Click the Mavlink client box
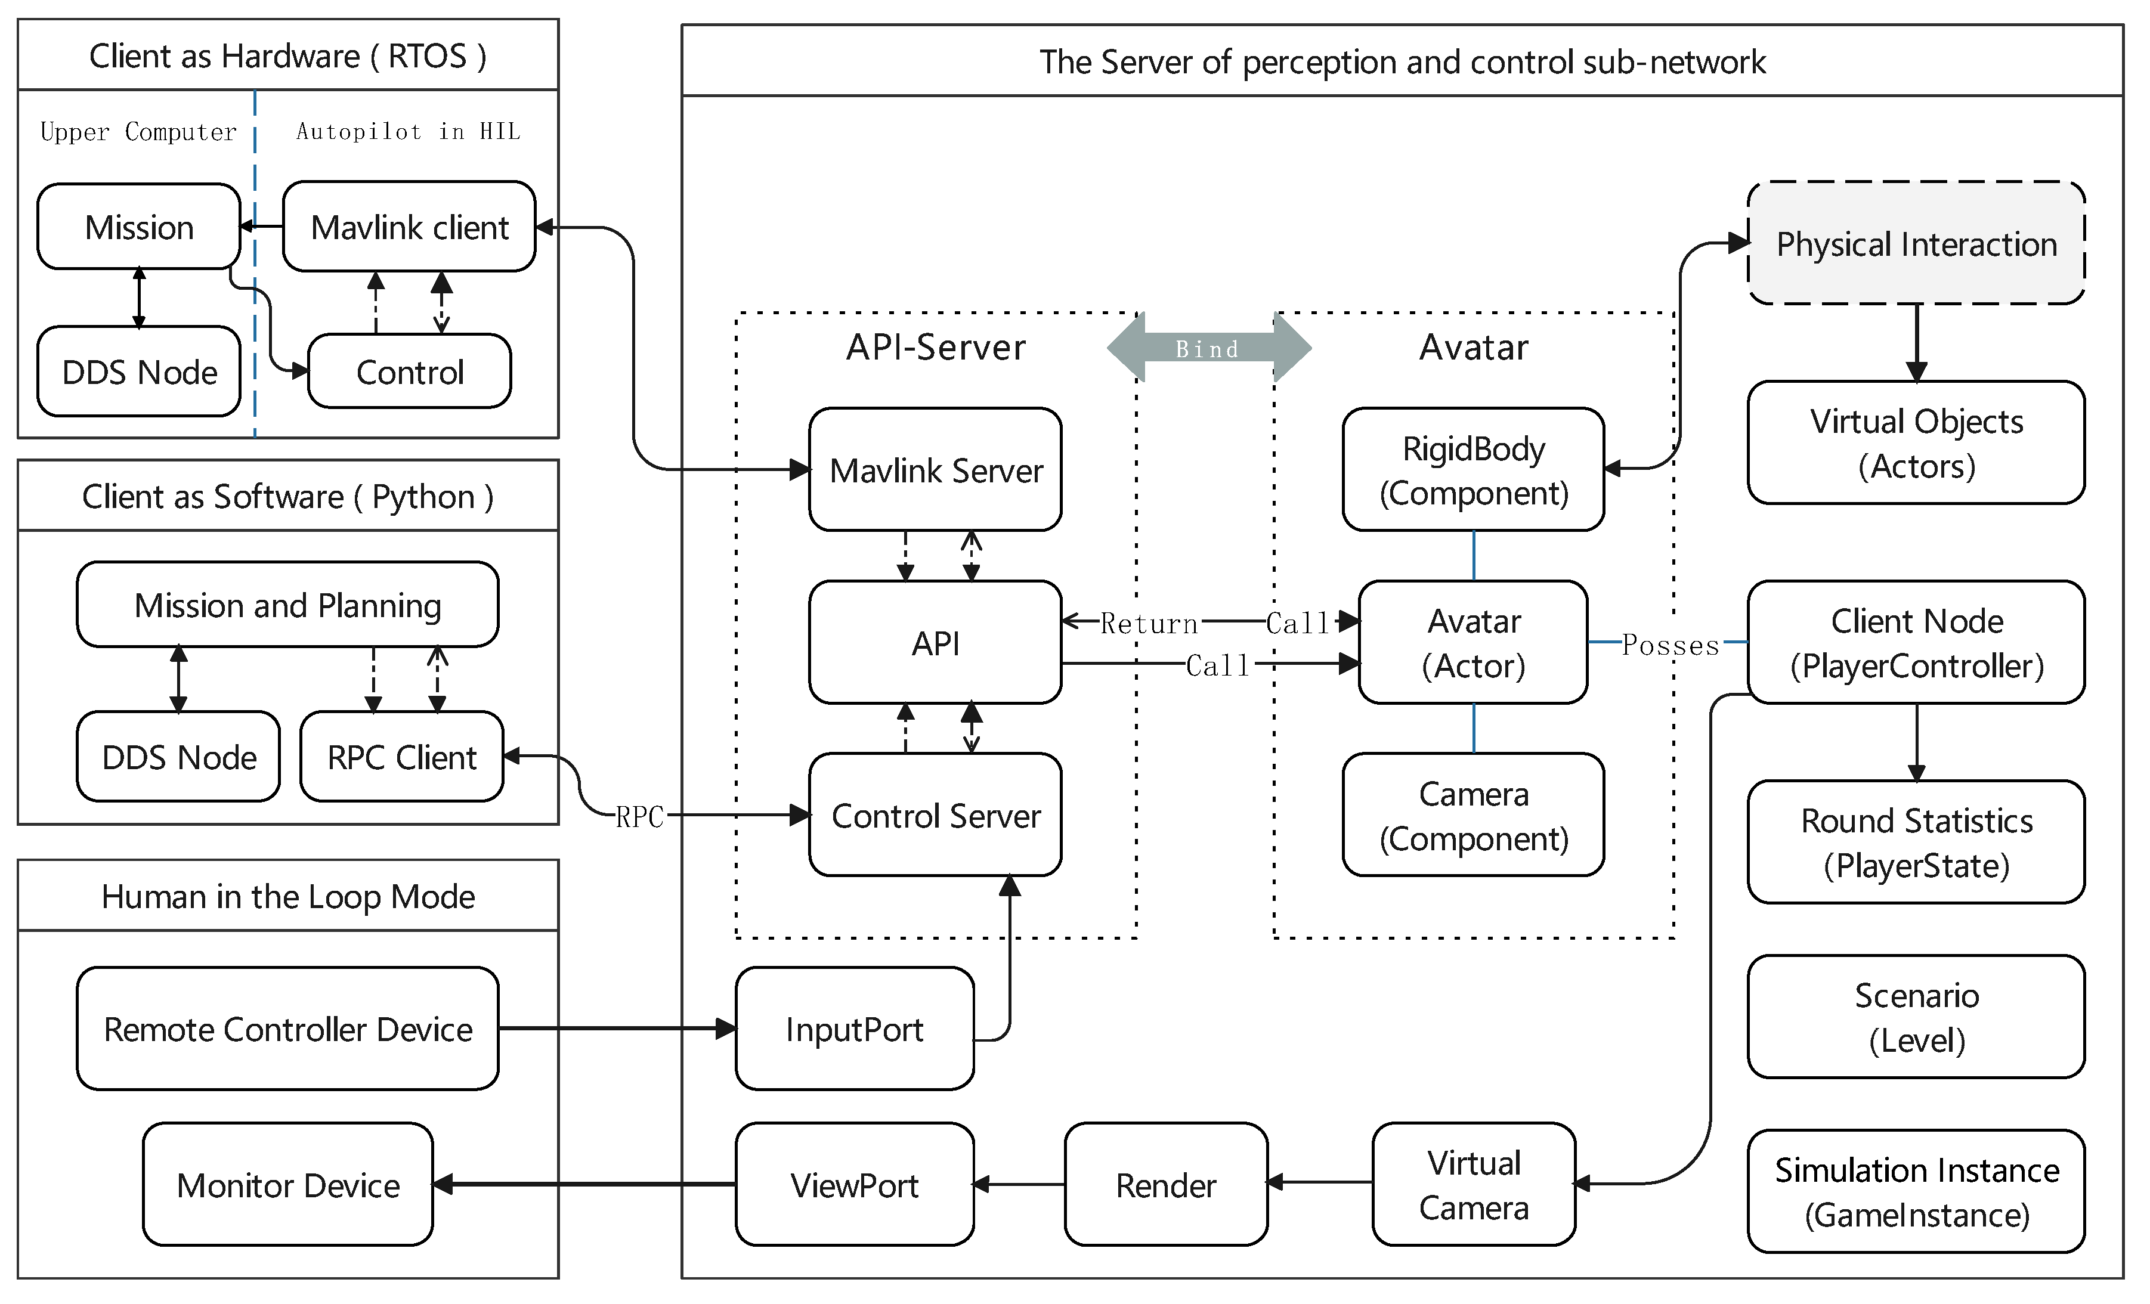409,227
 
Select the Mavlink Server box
935,470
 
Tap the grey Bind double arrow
1208,349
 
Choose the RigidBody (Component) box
1473,470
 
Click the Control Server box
935,816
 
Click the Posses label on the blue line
1670,646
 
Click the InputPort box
853,1029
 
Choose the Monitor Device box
288,1185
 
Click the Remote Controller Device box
288,1029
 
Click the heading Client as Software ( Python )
288,496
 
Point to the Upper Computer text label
138,132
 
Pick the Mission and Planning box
288,605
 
